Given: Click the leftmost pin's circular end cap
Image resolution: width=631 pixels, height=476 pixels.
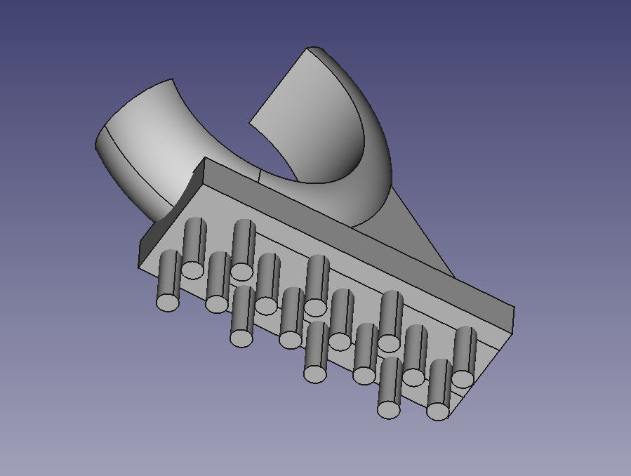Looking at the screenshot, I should tap(168, 302).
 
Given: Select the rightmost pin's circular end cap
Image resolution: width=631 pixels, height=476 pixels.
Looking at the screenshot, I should tap(463, 378).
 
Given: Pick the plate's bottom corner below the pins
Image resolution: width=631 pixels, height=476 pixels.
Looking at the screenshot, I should tap(446, 420).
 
